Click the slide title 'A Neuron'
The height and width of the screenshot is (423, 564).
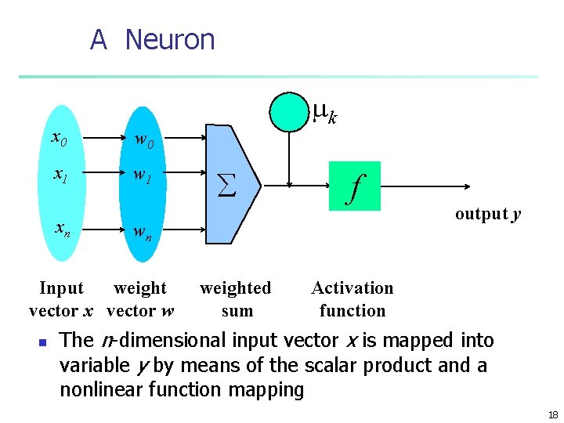(x=152, y=39)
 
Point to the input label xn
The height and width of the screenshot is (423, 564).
(x=61, y=228)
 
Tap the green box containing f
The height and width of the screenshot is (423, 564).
(x=355, y=186)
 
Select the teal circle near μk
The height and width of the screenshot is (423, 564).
(x=289, y=111)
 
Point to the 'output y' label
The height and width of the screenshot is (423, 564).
(x=488, y=214)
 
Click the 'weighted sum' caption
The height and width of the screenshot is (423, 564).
(x=236, y=299)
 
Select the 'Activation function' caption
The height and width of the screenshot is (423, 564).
(x=352, y=299)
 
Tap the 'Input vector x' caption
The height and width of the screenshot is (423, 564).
(x=60, y=299)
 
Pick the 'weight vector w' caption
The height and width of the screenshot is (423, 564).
(x=140, y=299)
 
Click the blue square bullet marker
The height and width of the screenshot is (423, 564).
(x=44, y=342)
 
